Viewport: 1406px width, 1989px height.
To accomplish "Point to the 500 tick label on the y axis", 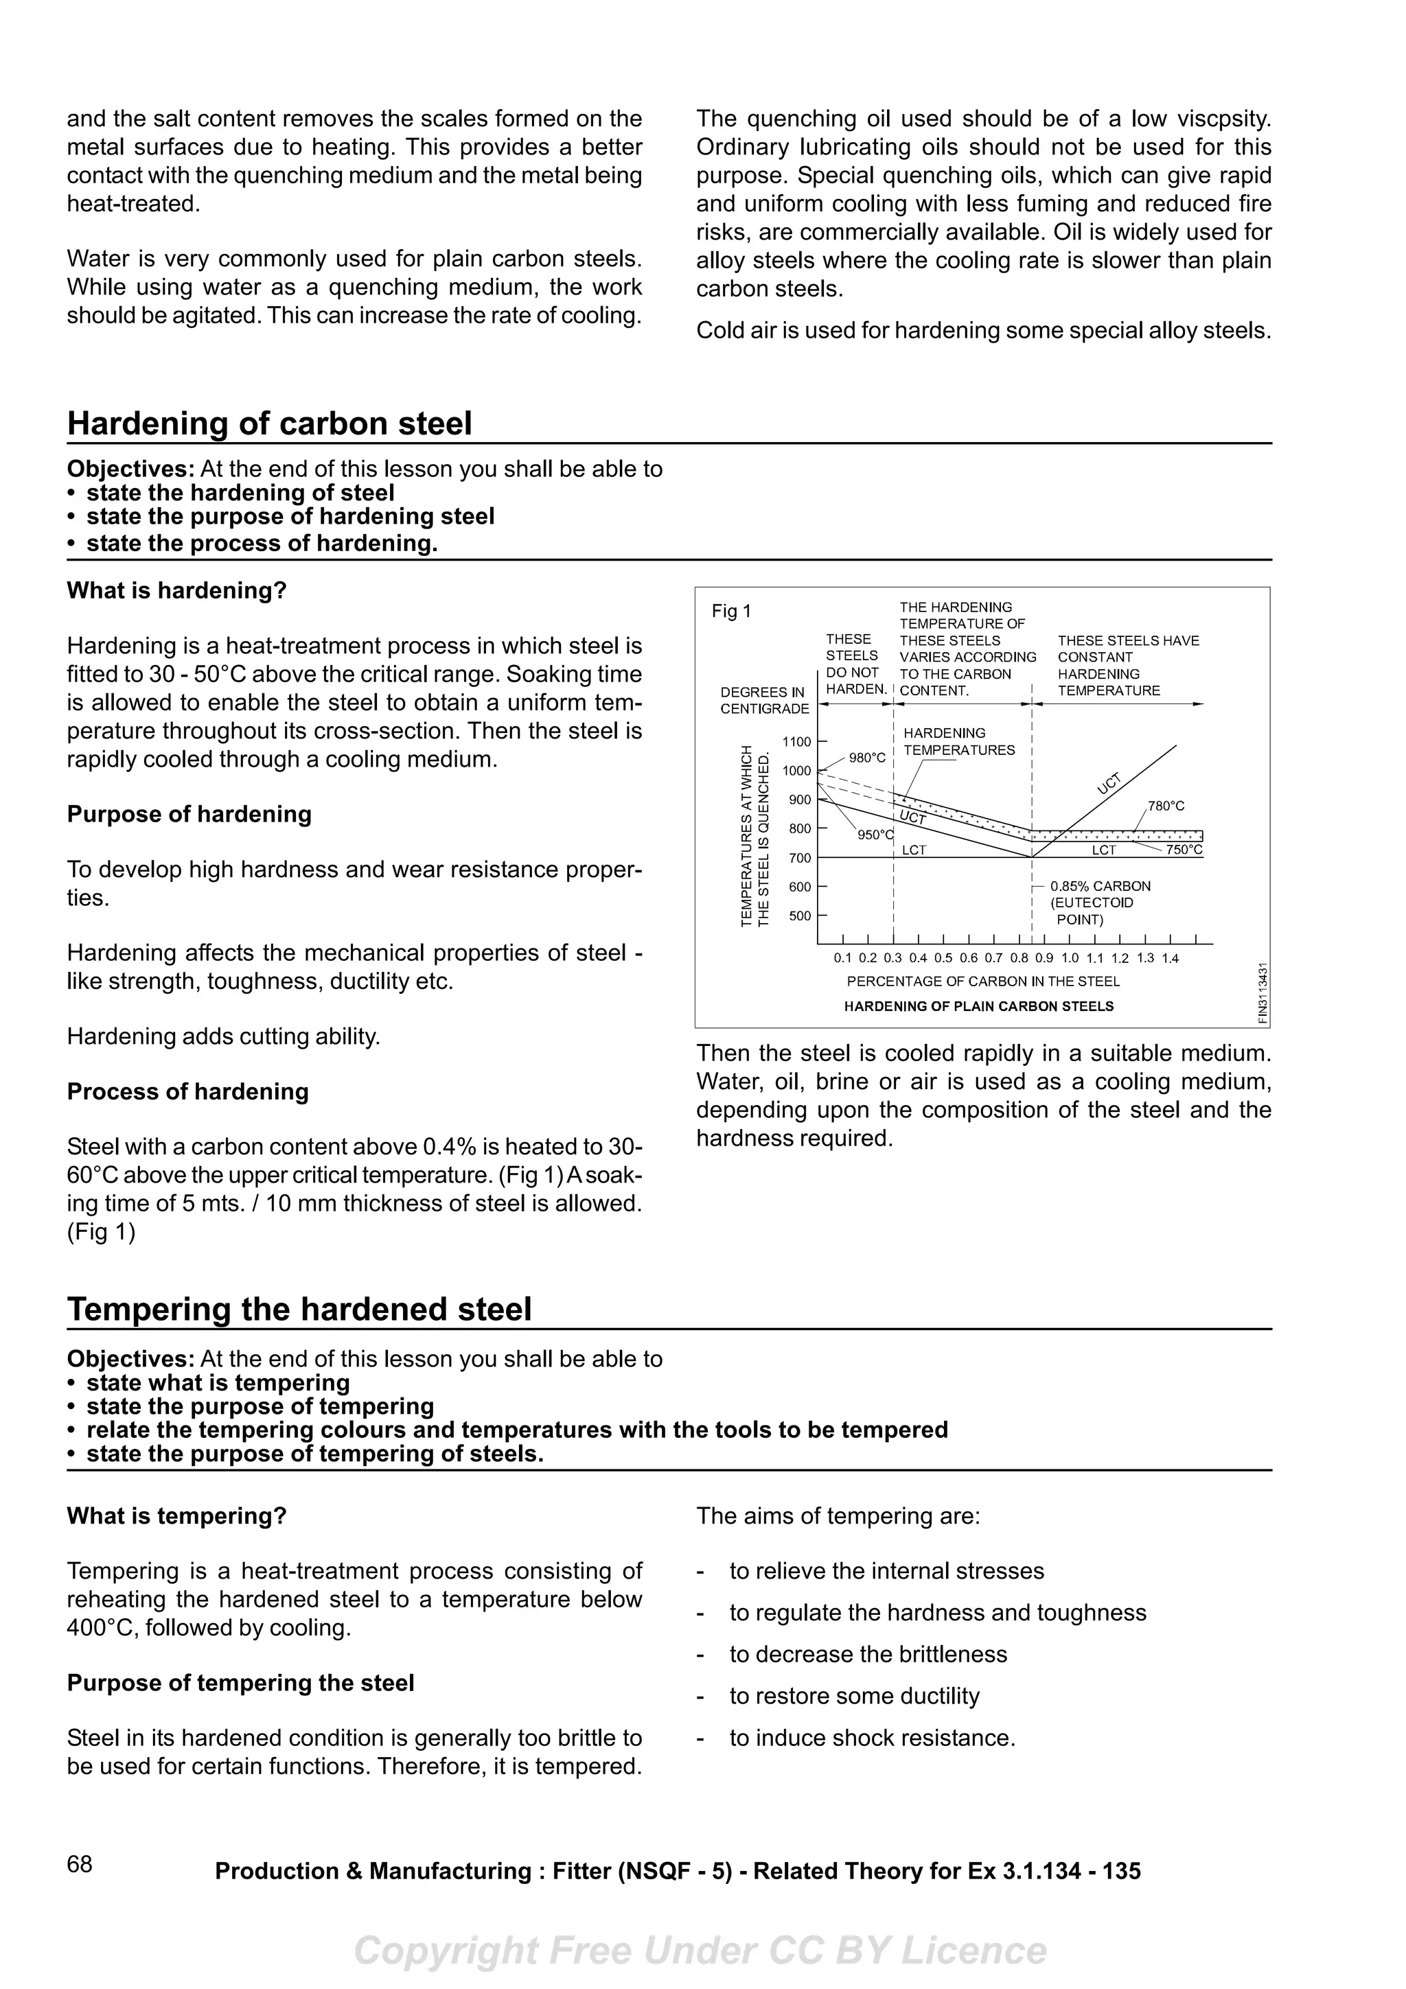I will coord(800,916).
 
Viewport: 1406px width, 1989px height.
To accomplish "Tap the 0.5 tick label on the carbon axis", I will coord(943,958).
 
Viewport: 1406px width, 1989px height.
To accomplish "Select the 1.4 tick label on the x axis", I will coord(1171,958).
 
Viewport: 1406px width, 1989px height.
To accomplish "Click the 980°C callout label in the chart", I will coord(867,758).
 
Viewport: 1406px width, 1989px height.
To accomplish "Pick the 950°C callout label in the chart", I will coord(875,835).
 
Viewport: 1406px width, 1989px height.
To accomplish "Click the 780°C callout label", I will coord(1166,806).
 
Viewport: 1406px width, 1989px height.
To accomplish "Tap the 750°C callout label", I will coord(1184,850).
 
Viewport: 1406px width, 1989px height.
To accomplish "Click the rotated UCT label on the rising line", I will coord(1109,783).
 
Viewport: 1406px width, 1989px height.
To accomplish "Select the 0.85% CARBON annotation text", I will coord(1100,886).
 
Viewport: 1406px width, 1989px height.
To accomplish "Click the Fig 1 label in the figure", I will coord(731,611).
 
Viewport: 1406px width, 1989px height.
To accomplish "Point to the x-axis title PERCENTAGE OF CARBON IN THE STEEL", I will coord(983,981).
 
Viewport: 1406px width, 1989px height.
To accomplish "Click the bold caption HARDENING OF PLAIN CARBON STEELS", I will coord(979,1007).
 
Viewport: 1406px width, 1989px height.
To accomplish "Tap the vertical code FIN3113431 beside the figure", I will coord(1264,994).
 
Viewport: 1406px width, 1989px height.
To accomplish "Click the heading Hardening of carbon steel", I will coord(269,423).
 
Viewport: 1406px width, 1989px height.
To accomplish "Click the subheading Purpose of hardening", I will coord(189,814).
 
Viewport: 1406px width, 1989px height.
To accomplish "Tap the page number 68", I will coord(79,1864).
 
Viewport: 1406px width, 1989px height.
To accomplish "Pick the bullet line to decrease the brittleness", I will coord(868,1654).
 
